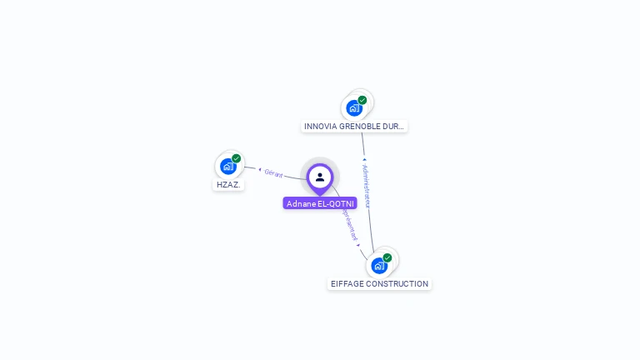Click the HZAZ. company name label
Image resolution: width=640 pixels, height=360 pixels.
click(x=228, y=185)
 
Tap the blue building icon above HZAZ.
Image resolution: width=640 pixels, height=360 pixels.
click(x=227, y=167)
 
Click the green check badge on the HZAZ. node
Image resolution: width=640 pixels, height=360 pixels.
click(x=237, y=158)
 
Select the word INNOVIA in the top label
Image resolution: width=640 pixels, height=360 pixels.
click(x=319, y=127)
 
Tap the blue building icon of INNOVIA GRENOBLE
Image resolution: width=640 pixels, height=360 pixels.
click(x=354, y=108)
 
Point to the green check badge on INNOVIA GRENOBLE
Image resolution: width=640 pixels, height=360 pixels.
click(x=362, y=100)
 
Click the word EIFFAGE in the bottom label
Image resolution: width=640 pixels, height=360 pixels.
click(x=346, y=284)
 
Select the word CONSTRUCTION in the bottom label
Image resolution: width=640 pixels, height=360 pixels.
click(x=397, y=284)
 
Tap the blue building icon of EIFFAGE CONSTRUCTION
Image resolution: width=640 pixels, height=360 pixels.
click(x=378, y=266)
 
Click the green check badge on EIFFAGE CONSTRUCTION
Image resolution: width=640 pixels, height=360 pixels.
click(x=387, y=257)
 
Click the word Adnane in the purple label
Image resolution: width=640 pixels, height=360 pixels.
click(x=300, y=203)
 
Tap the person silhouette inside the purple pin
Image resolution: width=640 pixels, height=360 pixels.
click(x=320, y=177)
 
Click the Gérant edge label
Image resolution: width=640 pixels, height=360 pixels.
click(x=274, y=173)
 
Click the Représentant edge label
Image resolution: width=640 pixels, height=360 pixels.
click(x=349, y=223)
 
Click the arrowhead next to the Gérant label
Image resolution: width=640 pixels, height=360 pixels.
click(x=259, y=169)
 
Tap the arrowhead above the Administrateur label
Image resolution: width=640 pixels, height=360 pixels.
click(x=364, y=159)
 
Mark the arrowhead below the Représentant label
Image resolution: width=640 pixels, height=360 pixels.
click(x=358, y=245)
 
